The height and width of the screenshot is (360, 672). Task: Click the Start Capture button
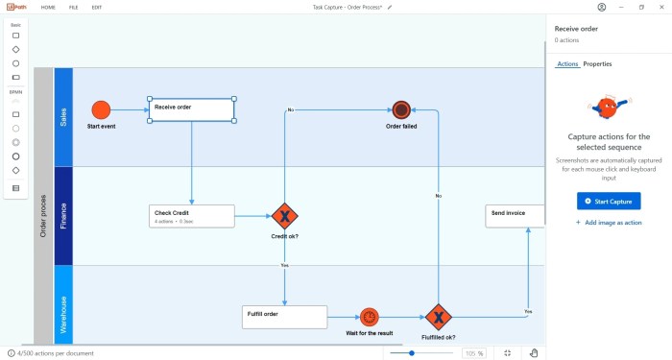pos(608,201)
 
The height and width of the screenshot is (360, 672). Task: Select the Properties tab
pos(597,64)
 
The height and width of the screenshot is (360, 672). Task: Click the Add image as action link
pos(608,222)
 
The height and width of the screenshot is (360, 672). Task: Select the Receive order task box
pos(192,109)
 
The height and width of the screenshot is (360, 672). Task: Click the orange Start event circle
pos(101,109)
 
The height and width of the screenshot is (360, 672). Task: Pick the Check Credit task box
pos(192,216)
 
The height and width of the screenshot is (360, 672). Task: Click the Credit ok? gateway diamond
pos(284,216)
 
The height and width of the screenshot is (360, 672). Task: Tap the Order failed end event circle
pos(401,109)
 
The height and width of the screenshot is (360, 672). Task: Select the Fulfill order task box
pos(284,316)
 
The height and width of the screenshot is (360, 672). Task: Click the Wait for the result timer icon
pos(370,316)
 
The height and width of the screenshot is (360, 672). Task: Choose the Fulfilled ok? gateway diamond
pos(438,317)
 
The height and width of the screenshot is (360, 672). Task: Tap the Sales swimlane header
pos(64,116)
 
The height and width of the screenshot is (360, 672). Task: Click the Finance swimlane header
pos(64,216)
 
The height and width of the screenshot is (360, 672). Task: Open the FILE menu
pos(74,7)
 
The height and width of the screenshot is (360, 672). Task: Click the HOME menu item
pos(47,7)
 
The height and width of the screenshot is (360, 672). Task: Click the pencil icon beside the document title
pos(390,7)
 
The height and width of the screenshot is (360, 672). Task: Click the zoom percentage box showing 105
pos(474,353)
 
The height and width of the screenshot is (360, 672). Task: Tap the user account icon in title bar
pos(601,7)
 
